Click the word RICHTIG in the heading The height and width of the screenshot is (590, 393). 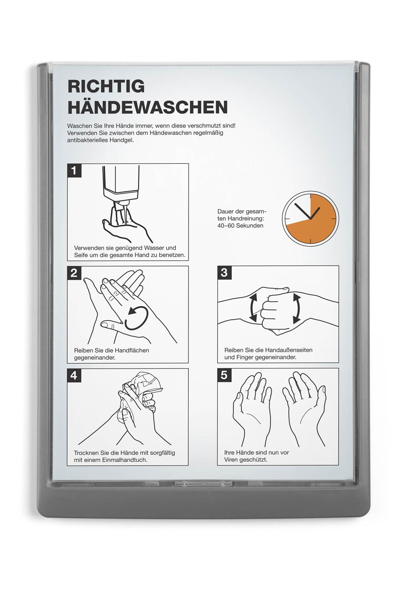click(106, 86)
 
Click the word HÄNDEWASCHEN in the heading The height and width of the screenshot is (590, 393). click(148, 107)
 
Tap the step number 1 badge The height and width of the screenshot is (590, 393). click(74, 170)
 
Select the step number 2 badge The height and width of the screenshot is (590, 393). click(74, 273)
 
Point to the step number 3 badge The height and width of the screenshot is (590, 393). click(224, 272)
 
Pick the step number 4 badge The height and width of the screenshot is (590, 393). click(74, 375)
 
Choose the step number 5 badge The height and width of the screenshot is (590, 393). click(224, 375)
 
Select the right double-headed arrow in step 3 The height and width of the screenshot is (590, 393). click(296, 308)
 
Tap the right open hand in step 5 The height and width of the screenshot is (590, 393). click(305, 408)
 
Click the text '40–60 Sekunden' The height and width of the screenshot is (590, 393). click(240, 226)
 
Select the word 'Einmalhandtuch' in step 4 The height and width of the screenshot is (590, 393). click(125, 460)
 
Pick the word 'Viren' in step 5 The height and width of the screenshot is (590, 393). click(231, 460)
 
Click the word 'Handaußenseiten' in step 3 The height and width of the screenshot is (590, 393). click(289, 350)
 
